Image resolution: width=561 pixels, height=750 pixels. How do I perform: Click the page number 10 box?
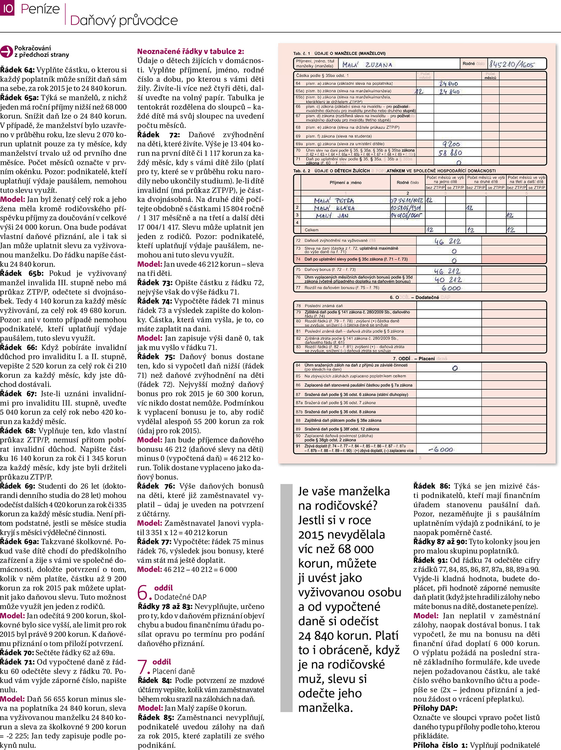click(7, 8)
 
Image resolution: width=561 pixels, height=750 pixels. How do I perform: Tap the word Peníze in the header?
click(40, 9)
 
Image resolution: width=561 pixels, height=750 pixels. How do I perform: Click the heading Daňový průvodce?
click(124, 20)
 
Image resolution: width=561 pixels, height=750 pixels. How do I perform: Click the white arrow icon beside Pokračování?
click(6, 52)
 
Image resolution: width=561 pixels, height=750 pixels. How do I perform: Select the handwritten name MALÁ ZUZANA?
click(367, 65)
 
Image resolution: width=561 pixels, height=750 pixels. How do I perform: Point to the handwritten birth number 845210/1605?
click(512, 64)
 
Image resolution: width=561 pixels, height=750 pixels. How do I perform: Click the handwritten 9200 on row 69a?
click(451, 144)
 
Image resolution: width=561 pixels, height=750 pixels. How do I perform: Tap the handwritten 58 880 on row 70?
click(450, 153)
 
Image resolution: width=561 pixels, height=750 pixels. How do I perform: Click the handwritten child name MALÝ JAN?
click(332, 216)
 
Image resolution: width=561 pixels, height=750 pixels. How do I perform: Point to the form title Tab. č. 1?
click(302, 53)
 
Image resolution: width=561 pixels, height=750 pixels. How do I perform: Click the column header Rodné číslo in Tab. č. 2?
click(408, 183)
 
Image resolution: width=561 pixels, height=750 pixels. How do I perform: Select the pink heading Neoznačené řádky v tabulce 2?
click(190, 52)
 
